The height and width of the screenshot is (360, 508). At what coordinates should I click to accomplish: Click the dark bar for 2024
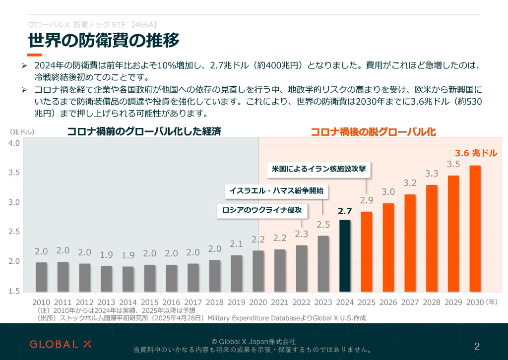coord(345,256)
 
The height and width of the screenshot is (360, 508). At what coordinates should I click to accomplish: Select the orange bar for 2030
coord(475,229)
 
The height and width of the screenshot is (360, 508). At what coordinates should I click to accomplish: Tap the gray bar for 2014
coord(128,279)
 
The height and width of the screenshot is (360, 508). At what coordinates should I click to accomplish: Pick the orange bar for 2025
coord(367,251)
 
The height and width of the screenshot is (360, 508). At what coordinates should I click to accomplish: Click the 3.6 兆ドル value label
coord(476,153)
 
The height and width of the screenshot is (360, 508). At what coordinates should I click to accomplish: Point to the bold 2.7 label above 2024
coord(345,211)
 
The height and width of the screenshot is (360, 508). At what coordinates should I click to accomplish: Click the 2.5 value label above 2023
coord(323,225)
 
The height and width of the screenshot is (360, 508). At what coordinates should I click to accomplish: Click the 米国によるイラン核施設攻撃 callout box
coord(319,169)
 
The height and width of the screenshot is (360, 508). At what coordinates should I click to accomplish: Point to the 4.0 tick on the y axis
coord(14,143)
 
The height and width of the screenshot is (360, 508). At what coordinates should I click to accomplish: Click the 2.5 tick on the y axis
coord(14,232)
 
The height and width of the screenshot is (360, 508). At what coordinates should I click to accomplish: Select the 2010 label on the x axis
coord(41,301)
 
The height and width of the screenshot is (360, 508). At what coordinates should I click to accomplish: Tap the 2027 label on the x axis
coord(410,301)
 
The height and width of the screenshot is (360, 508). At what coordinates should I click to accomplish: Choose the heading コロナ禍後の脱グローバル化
coord(373,132)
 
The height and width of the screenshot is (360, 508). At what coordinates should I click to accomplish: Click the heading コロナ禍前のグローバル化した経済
coord(144,131)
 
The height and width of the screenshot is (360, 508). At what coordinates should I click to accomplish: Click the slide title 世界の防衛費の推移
coord(103,40)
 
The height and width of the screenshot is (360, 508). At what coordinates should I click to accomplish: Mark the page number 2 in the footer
coord(477,346)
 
